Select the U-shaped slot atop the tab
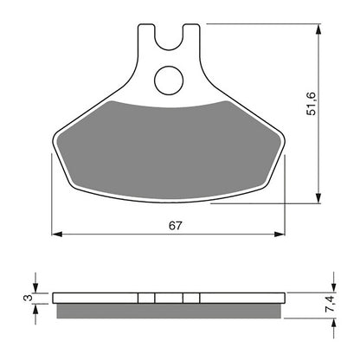[169, 36]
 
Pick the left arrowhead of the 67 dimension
[57, 234]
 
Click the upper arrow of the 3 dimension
[35, 288]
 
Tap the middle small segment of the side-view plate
[169, 298]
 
